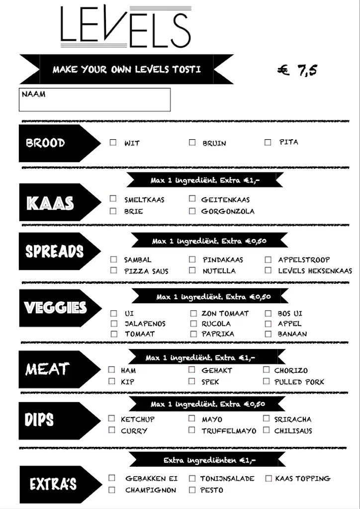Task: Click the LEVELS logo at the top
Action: pos(125,28)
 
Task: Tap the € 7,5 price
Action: pos(297,70)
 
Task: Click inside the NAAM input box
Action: pos(94,100)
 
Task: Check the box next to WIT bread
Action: pos(113,143)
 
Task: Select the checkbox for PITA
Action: pos(268,142)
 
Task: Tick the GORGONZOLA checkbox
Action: pos(192,211)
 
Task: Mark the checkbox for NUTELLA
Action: pos(192,271)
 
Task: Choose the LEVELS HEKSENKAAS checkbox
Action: pos(268,270)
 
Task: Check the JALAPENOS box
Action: pos(114,324)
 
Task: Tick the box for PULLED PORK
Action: pos(266,382)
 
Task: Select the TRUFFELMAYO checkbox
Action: pos(192,430)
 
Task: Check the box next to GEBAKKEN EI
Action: pos(112,478)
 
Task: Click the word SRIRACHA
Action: pos(293,420)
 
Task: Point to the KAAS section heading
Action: pos(50,203)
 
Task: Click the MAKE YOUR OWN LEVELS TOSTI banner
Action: pos(127,69)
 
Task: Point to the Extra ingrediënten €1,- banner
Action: pos(209,460)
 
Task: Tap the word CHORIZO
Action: pos(291,370)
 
